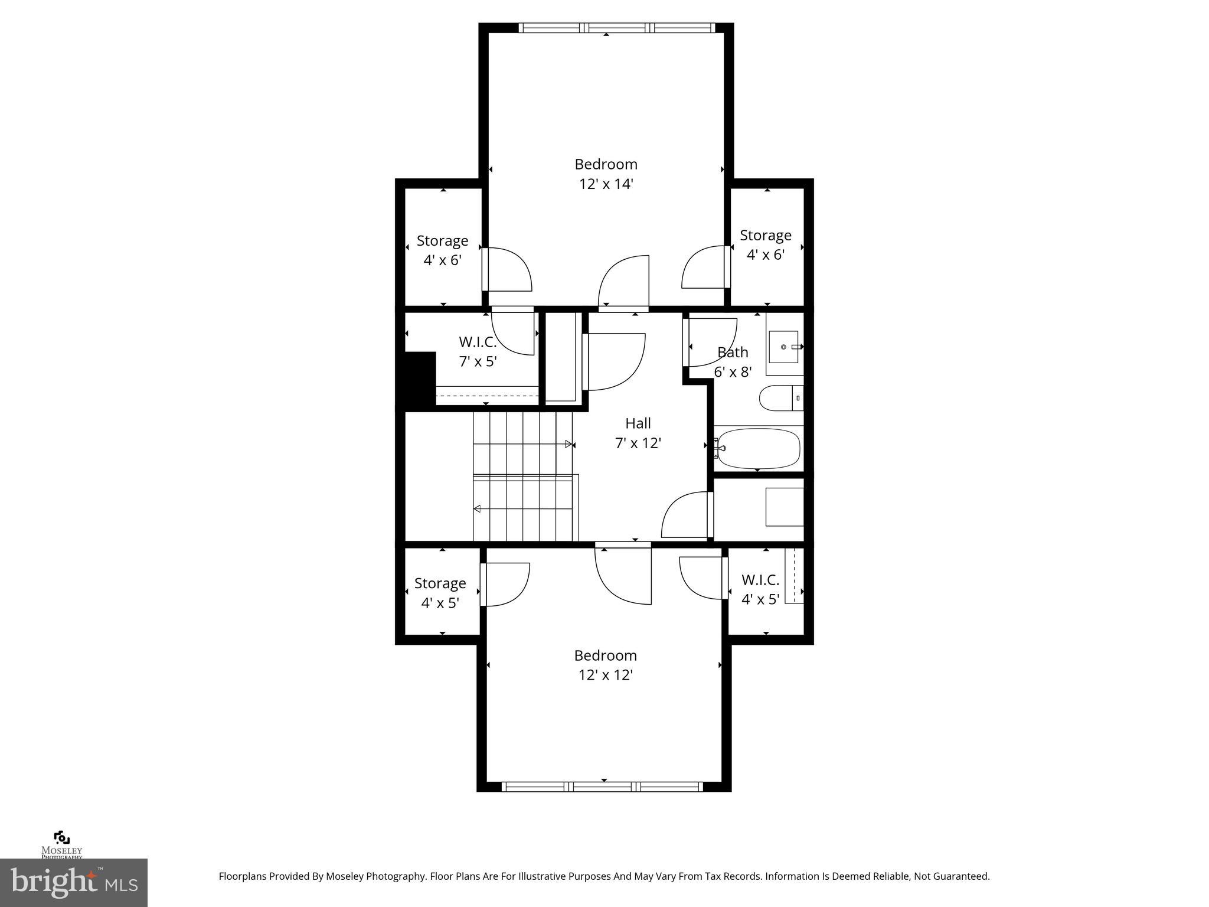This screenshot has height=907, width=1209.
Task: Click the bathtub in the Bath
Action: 759,449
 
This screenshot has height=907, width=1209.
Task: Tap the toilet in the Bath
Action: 780,398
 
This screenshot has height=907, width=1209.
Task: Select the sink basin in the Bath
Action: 783,347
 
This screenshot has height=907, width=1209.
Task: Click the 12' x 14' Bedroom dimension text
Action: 606,184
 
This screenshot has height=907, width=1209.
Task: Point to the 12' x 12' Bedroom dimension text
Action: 606,675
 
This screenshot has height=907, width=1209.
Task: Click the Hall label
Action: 638,423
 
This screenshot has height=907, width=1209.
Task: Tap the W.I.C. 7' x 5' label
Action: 478,352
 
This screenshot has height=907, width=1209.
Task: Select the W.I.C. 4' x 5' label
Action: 760,589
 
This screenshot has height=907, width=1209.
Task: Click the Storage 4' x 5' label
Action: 440,593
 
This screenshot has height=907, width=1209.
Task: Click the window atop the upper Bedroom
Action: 616,27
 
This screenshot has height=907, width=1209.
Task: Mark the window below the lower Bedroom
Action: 602,787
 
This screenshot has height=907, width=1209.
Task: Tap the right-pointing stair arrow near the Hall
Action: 569,444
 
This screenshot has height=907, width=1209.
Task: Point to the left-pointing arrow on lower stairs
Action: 477,509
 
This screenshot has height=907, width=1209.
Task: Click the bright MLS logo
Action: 74,882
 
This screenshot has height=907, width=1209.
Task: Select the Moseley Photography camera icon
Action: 61,838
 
